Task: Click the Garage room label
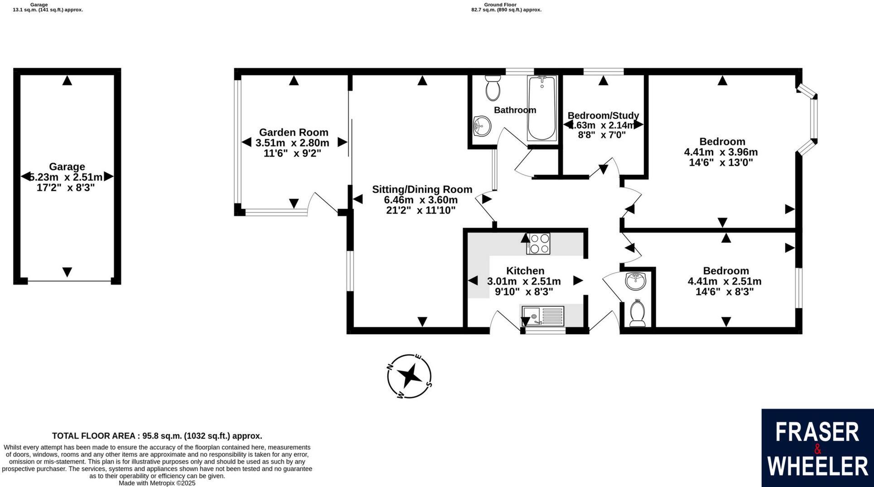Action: coord(67,167)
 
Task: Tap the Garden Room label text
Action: coord(294,132)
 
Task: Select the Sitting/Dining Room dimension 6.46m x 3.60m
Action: coord(420,200)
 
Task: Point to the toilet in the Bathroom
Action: coord(493,88)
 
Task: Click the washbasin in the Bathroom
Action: coord(482,125)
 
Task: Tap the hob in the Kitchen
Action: coord(538,244)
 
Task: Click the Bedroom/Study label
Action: coord(603,115)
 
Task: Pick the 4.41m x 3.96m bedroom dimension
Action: coord(721,152)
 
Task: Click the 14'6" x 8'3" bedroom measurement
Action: coord(724,292)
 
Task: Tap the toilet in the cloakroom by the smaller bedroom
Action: coord(638,313)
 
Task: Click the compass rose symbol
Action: coord(410,376)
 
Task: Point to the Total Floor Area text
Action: coord(157,436)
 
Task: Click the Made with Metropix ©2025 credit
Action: coord(157,483)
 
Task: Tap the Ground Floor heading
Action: coord(506,5)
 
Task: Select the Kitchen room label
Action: coord(525,271)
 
